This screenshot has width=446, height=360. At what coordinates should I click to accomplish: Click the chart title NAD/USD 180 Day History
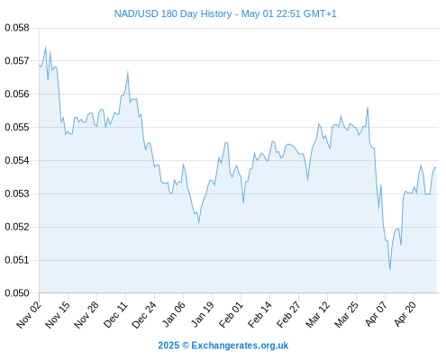(173, 14)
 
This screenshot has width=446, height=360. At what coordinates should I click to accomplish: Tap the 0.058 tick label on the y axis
(17, 28)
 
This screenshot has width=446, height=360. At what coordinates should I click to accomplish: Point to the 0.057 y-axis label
(17, 61)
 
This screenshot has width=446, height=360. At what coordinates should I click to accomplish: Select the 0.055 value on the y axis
(17, 127)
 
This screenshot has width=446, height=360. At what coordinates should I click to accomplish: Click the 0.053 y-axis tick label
(17, 193)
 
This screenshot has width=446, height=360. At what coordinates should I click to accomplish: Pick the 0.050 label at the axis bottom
(17, 293)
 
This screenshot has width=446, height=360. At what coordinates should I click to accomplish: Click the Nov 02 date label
(29, 315)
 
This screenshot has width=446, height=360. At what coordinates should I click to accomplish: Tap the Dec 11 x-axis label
(115, 315)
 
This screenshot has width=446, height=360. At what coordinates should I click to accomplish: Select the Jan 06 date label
(173, 315)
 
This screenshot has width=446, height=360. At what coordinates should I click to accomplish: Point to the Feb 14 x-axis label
(259, 315)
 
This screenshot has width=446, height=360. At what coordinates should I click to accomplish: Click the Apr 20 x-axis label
(405, 315)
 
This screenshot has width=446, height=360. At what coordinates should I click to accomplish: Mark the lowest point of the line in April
(390, 269)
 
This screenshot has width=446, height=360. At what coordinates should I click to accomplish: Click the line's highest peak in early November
(46, 47)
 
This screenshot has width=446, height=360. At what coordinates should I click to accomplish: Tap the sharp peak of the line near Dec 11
(128, 71)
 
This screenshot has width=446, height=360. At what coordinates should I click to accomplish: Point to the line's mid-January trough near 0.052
(199, 223)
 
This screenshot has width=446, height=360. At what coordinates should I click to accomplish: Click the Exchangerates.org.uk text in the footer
(240, 346)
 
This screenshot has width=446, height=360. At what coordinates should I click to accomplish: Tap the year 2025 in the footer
(168, 346)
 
